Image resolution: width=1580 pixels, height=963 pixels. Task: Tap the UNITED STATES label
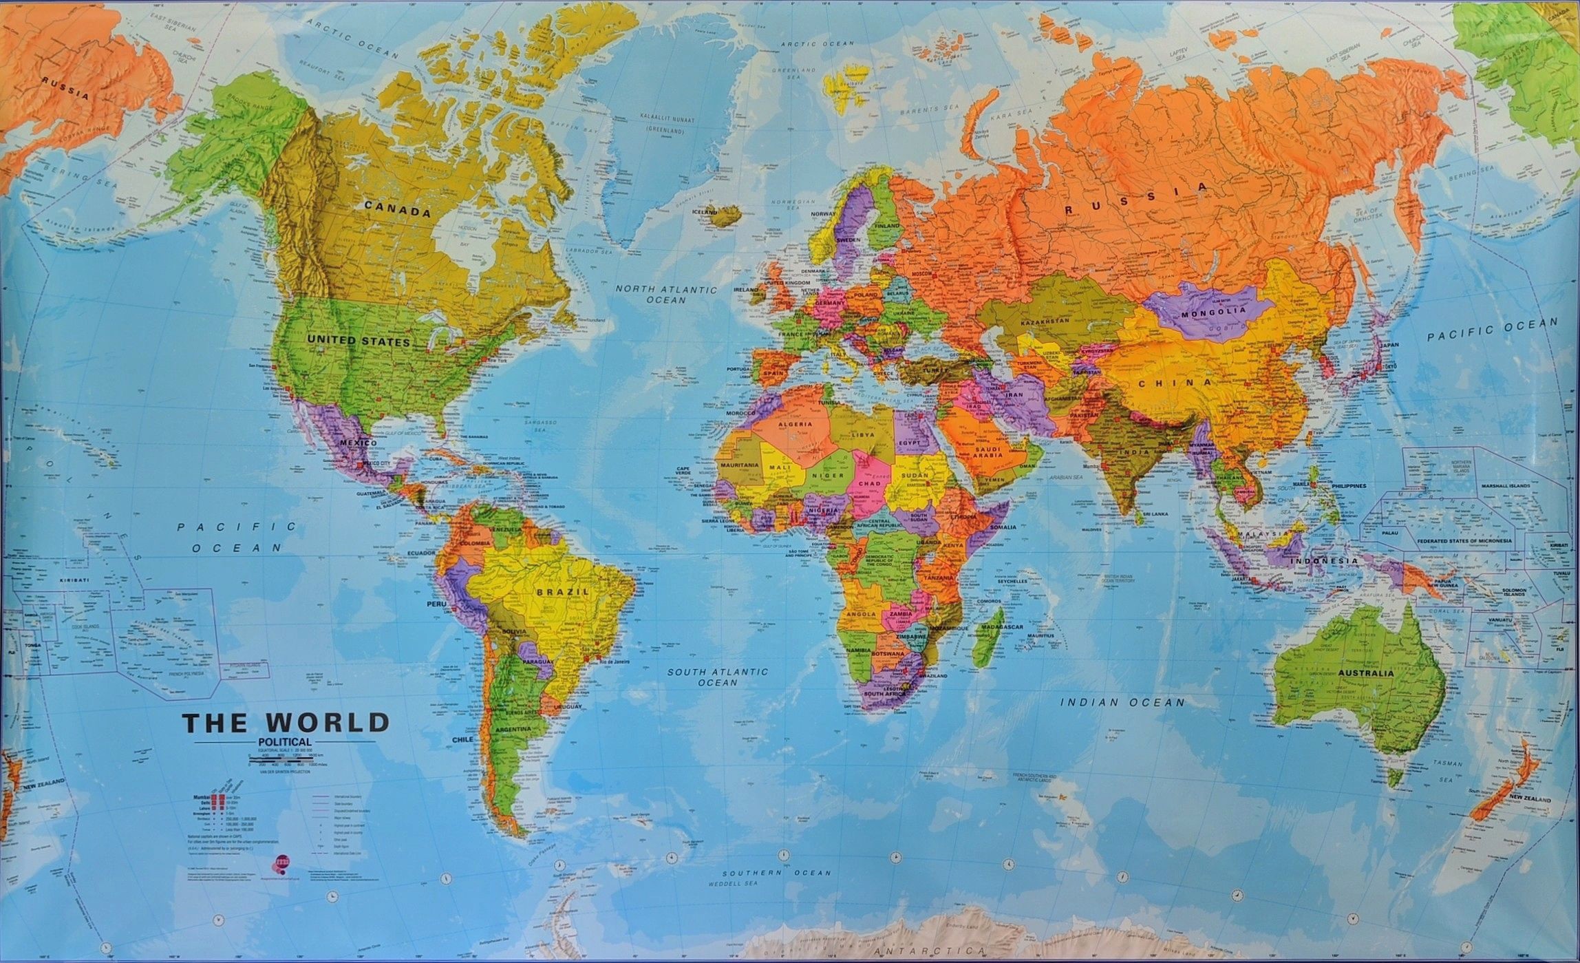[359, 341]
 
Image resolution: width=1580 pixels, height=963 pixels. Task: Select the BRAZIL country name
[564, 591]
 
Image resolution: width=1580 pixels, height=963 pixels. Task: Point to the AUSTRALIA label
[1366, 673]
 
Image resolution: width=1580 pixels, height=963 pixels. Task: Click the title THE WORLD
[286, 723]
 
